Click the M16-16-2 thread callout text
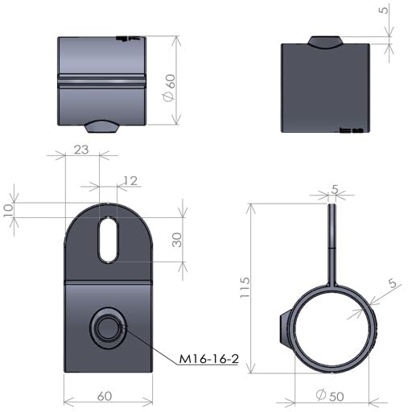point(208,359)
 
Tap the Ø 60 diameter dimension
point(170,88)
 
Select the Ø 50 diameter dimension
point(330,396)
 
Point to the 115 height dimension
point(245,287)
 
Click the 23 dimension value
point(81,150)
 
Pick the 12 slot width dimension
point(130,181)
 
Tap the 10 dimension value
point(9,210)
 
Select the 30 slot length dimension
point(177,240)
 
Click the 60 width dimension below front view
point(105,396)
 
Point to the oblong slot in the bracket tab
point(108,239)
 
